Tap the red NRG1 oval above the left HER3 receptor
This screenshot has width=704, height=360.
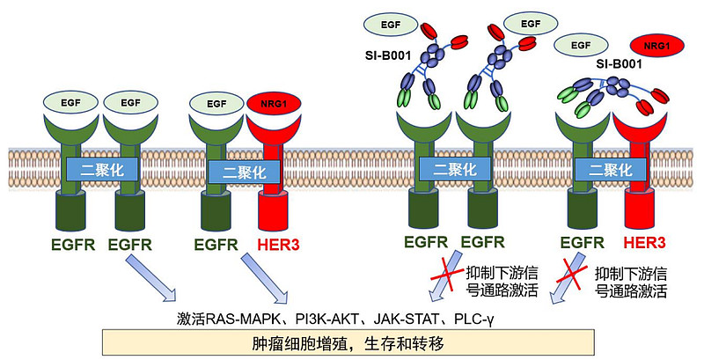click(275, 104)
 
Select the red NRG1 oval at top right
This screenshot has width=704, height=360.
click(653, 44)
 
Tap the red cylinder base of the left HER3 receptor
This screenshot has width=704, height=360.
click(274, 210)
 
